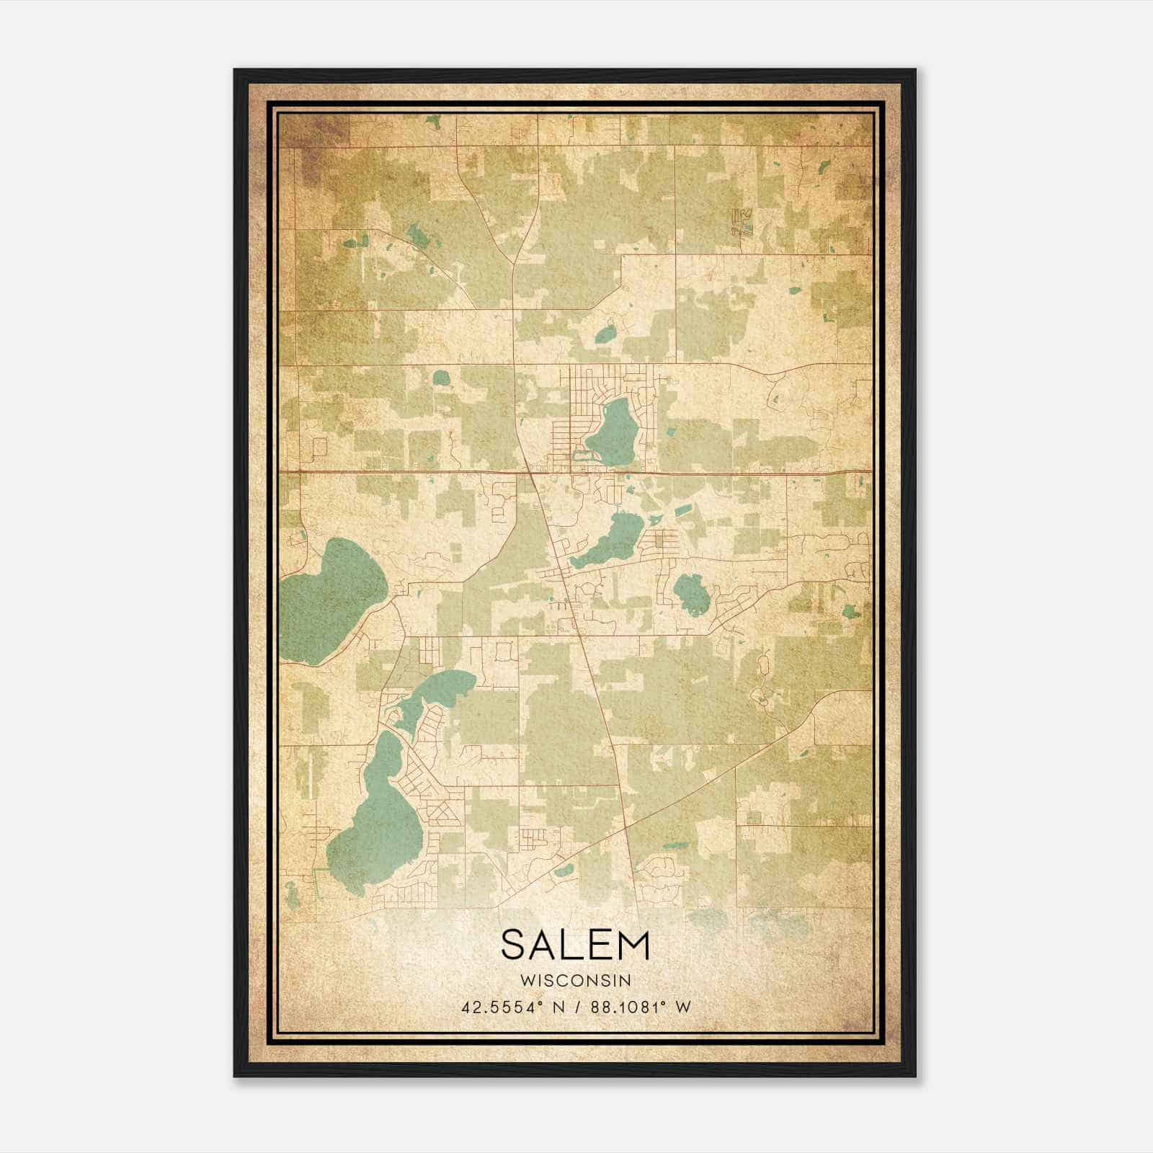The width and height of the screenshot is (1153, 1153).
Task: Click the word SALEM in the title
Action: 575,945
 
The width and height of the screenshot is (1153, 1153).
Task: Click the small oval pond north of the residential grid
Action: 606,333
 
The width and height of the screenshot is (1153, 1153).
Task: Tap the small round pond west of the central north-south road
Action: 440,377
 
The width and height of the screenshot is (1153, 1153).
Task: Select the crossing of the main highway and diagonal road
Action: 531,473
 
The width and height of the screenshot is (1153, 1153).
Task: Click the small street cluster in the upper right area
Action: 741,222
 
